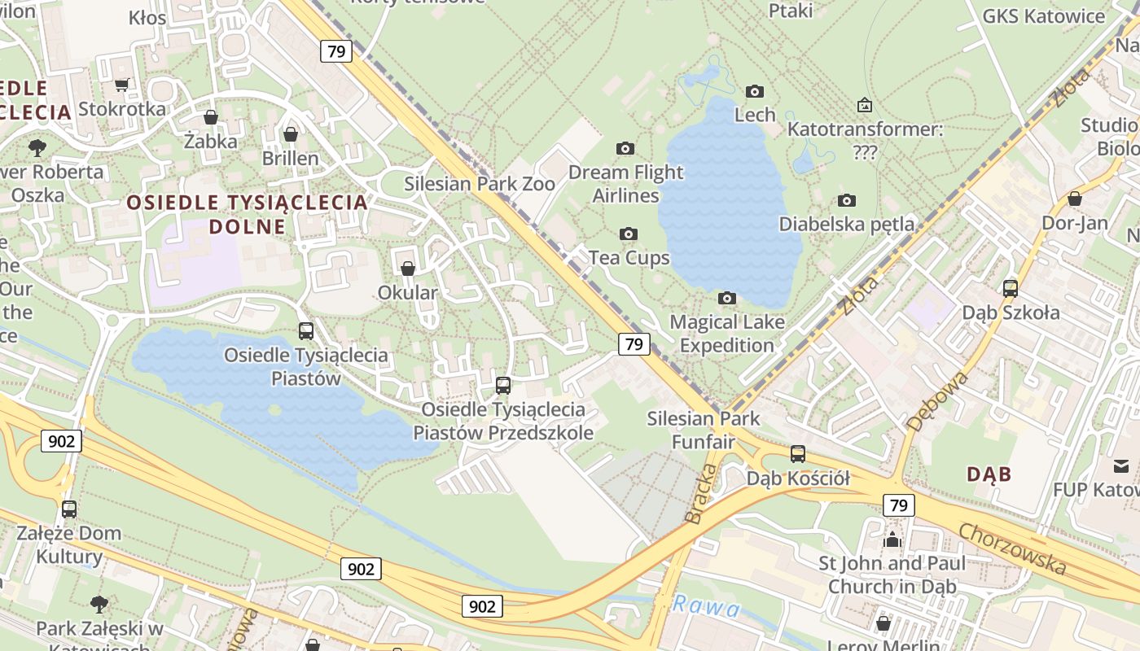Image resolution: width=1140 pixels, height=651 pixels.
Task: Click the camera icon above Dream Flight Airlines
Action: pos(625,148)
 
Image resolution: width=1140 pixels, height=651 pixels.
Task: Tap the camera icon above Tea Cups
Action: pos(628,234)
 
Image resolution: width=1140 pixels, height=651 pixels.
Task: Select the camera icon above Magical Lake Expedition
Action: pos(727,299)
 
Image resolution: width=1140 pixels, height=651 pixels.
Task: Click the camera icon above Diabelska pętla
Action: pos(847,200)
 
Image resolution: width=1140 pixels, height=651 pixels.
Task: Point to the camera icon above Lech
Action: pos(755,91)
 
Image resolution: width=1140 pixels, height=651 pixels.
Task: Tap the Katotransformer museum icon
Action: pos(865,105)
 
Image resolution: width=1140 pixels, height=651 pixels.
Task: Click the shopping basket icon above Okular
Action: pos(408,269)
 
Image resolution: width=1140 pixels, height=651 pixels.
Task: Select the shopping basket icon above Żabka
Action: pos(211,117)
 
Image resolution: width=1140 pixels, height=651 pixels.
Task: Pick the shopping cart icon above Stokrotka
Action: pos(122,85)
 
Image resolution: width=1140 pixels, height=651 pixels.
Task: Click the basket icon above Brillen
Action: pos(291,133)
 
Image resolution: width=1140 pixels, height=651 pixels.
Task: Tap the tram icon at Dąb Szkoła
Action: pos(1011,288)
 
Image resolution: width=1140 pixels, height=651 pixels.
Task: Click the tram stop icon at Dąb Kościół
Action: pos(798,454)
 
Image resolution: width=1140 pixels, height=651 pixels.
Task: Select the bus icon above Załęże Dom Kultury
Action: pos(69,509)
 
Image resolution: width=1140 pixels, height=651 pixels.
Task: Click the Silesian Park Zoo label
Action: pos(480,184)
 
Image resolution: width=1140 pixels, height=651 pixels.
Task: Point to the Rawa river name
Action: pos(706,607)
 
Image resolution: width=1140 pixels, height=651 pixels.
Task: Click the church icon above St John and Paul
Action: pos(892,539)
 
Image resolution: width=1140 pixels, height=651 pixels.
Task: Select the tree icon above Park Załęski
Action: pos(99,604)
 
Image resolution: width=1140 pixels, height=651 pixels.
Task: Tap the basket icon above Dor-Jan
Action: pos(1075,199)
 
